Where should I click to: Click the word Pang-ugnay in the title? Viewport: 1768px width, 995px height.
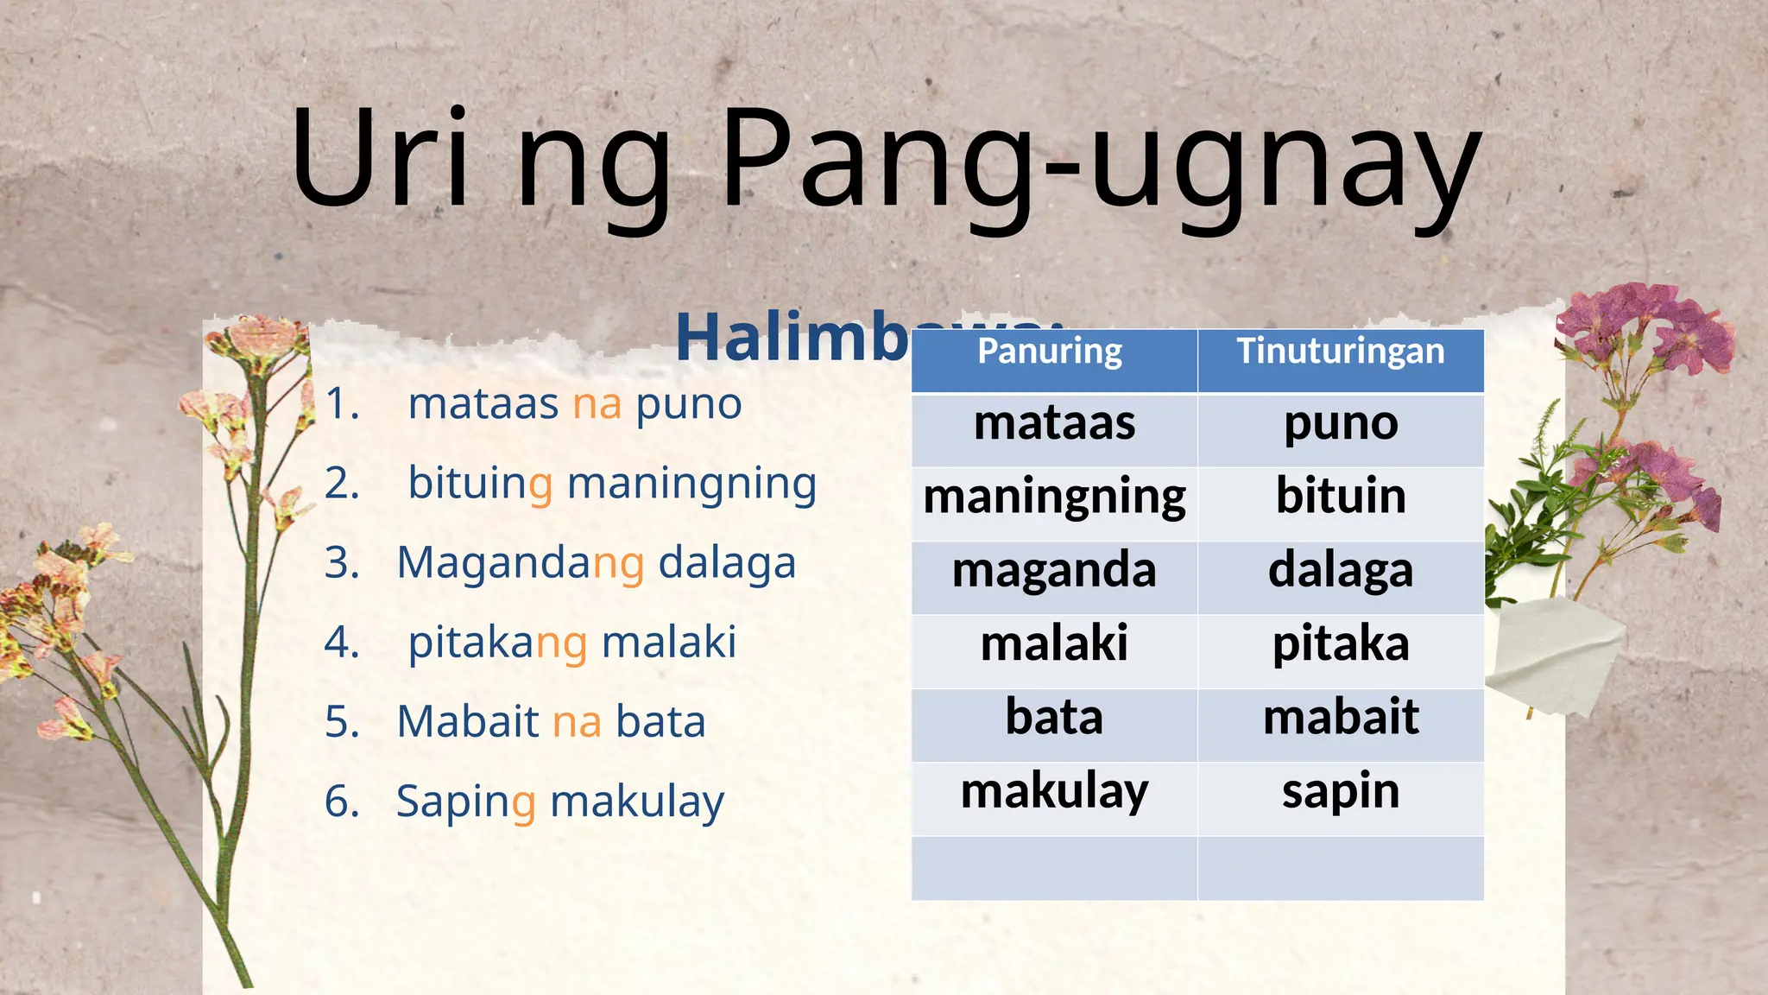[1101, 164]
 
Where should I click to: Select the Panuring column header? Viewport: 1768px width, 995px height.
[1053, 352]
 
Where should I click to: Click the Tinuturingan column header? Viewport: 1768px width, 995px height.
[1341, 352]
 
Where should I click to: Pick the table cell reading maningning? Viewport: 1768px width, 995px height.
[1054, 498]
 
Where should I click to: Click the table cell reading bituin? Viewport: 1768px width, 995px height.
[1341, 497]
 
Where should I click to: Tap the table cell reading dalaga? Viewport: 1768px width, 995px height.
[1341, 572]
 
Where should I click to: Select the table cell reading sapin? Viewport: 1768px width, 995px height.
[1341, 791]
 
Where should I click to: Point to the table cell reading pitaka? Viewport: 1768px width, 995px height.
[1341, 645]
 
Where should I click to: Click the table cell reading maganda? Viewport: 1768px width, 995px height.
[1054, 572]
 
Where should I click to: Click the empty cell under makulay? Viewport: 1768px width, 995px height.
[1054, 867]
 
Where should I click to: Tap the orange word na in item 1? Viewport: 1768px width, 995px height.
[597, 404]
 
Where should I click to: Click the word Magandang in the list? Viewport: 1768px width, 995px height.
[520, 564]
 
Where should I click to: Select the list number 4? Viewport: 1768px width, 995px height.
[342, 643]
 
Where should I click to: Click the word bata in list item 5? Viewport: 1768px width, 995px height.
[660, 722]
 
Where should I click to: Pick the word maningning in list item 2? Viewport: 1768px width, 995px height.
[691, 485]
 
